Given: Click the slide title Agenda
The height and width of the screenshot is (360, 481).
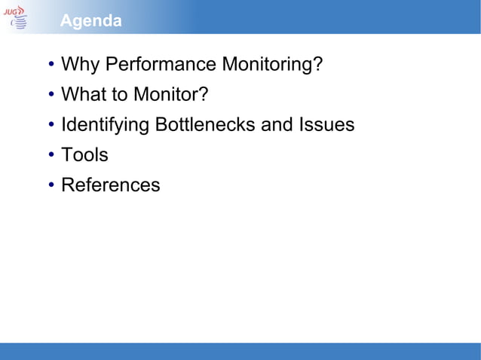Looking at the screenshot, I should pyautogui.click(x=90, y=21).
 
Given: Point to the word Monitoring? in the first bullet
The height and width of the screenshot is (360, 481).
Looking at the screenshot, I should pyautogui.click(x=272, y=65).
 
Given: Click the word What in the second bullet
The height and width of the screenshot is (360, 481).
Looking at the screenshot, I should pyautogui.click(x=84, y=95).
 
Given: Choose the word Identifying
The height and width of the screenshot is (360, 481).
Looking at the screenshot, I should pyautogui.click(x=106, y=125).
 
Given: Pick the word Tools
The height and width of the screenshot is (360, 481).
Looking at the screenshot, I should pyautogui.click(x=84, y=155).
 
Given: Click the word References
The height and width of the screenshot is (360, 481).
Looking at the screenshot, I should pyautogui.click(x=111, y=185).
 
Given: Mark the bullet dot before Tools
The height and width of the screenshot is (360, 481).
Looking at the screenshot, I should pyautogui.click(x=51, y=156).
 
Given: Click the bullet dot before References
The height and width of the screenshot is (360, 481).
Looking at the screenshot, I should pyautogui.click(x=51, y=186).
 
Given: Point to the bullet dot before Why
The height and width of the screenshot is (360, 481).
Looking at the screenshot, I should pyautogui.click(x=51, y=66).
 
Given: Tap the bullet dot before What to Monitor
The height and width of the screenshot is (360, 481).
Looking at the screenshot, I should pyautogui.click(x=51, y=96).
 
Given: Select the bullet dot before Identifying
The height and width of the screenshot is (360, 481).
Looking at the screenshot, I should pyautogui.click(x=51, y=126).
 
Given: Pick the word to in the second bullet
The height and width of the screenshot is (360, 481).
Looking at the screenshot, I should pyautogui.click(x=119, y=95).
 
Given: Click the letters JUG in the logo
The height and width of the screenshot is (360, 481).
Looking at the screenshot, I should pyautogui.click(x=13, y=9).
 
